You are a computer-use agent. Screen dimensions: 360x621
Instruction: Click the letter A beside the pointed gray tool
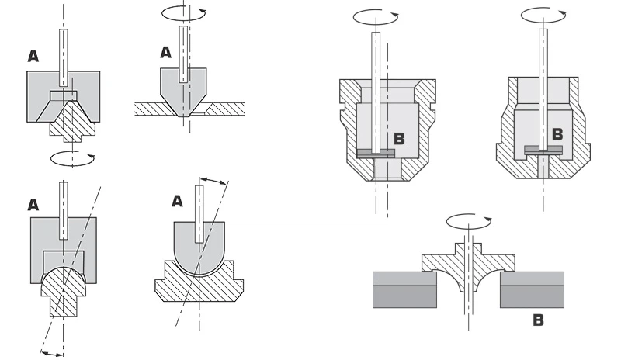(x=165, y=53)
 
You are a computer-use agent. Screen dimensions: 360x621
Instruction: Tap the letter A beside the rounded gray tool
(x=177, y=201)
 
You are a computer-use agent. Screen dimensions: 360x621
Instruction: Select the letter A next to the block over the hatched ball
(x=33, y=205)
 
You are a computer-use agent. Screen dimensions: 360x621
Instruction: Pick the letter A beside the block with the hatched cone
(x=33, y=56)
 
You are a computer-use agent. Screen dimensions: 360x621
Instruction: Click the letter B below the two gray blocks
(x=538, y=319)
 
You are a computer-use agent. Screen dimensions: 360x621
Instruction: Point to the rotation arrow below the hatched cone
(x=71, y=158)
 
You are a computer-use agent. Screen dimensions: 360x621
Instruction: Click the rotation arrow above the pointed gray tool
(x=183, y=13)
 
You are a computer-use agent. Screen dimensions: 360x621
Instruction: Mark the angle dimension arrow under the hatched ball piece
(x=54, y=353)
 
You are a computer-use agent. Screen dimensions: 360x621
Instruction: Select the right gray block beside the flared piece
(x=533, y=289)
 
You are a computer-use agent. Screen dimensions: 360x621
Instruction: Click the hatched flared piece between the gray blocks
(x=466, y=268)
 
